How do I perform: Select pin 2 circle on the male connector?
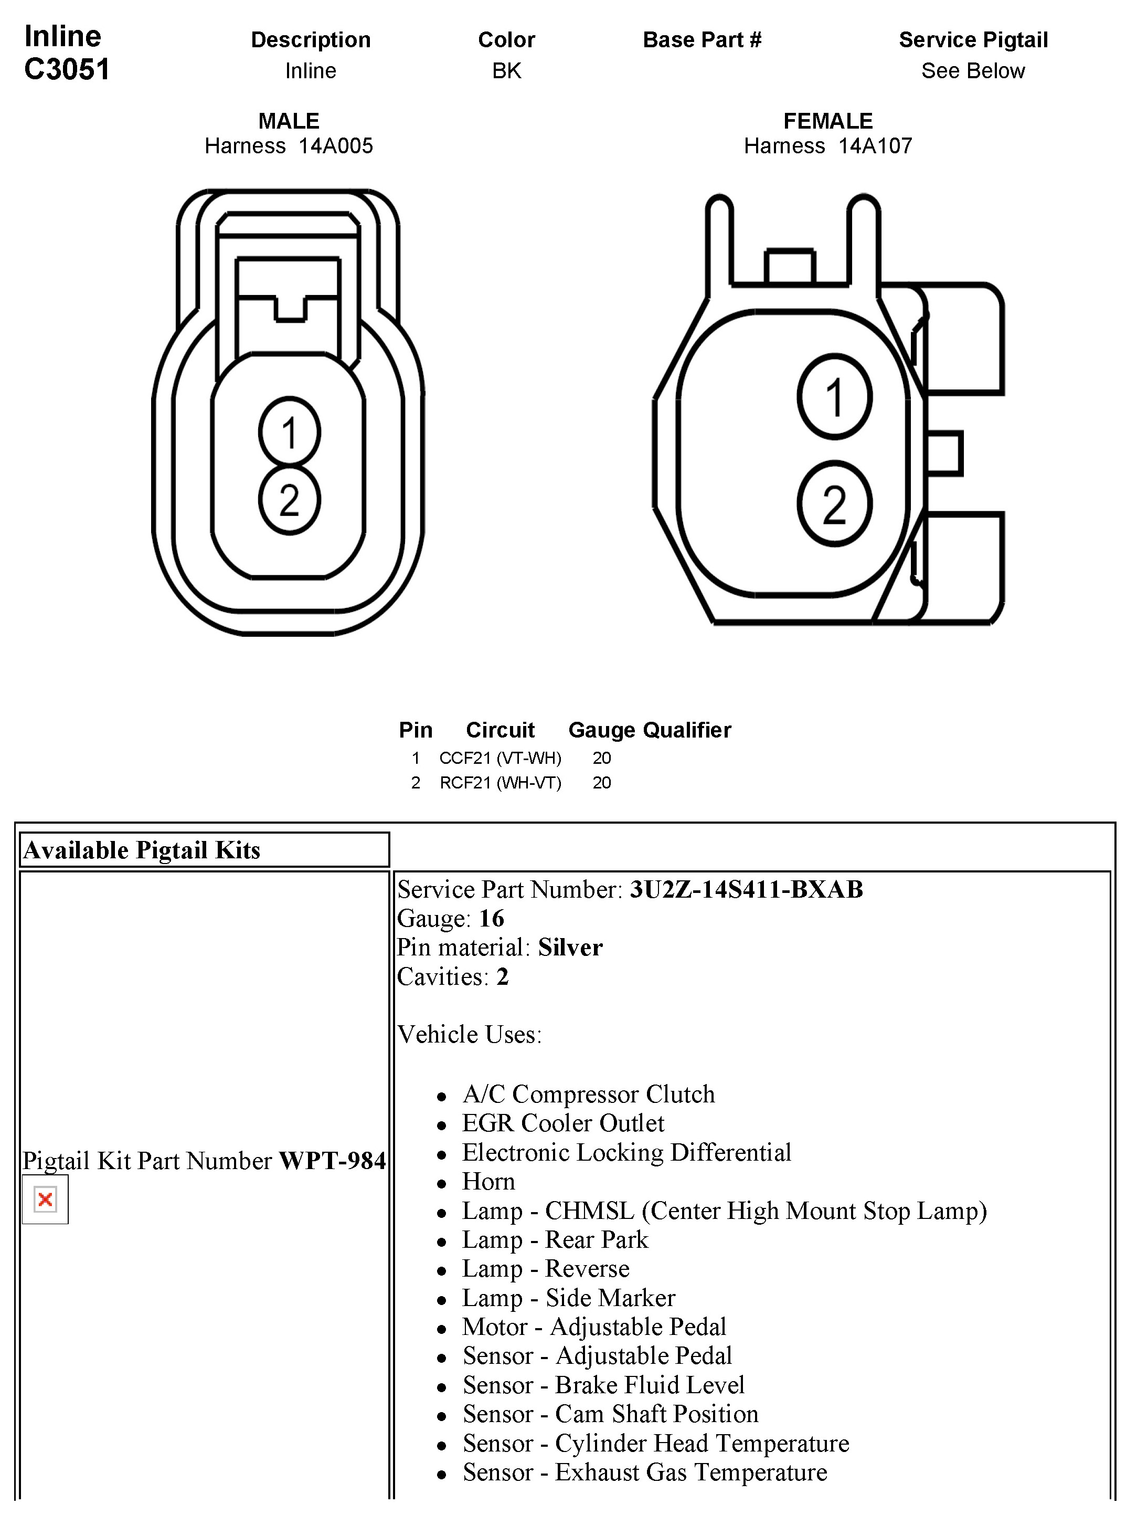[289, 500]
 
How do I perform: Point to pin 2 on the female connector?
[834, 504]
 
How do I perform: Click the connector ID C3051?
[67, 69]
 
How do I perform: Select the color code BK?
[506, 71]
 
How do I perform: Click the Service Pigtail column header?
[972, 40]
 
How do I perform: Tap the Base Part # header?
[702, 40]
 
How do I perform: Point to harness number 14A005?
[335, 146]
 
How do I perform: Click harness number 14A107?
[875, 146]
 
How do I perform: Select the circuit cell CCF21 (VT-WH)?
[501, 758]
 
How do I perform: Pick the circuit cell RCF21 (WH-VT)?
[501, 783]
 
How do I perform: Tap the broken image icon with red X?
[46, 1200]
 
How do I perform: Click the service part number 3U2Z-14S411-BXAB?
[746, 889]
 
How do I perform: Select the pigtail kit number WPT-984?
[332, 1161]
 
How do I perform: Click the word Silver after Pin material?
[570, 948]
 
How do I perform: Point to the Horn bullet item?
[488, 1182]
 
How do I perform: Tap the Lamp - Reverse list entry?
[545, 1269]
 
